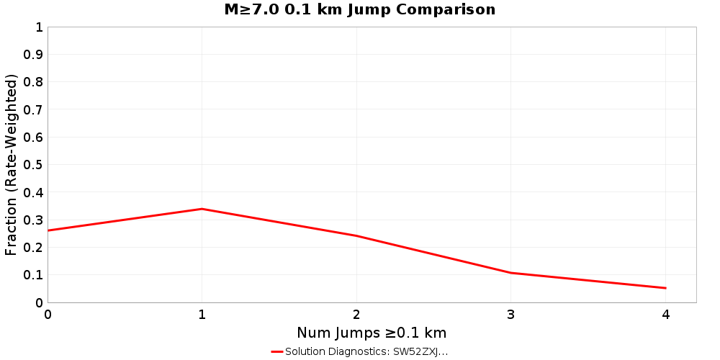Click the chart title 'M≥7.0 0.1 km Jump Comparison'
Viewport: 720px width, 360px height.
click(x=360, y=10)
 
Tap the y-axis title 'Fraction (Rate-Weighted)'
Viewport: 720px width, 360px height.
click(x=12, y=165)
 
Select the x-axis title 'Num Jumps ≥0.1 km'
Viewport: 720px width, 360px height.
click(x=372, y=333)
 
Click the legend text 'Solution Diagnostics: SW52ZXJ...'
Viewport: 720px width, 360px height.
click(x=366, y=352)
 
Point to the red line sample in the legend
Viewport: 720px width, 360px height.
click(x=277, y=352)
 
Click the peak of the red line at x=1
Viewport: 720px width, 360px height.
click(x=202, y=209)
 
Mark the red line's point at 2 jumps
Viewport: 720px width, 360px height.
click(x=356, y=235)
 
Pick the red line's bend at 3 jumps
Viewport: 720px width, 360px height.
click(x=511, y=273)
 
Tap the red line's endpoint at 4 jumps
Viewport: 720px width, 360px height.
click(x=665, y=288)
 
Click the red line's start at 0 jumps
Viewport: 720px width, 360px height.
click(x=48, y=230)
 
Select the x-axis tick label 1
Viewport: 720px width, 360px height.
click(x=202, y=314)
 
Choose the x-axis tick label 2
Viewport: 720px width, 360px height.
click(x=356, y=314)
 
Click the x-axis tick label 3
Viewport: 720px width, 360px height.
click(x=511, y=314)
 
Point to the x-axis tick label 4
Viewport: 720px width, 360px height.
click(x=665, y=314)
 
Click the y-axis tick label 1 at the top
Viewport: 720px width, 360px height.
click(x=39, y=27)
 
